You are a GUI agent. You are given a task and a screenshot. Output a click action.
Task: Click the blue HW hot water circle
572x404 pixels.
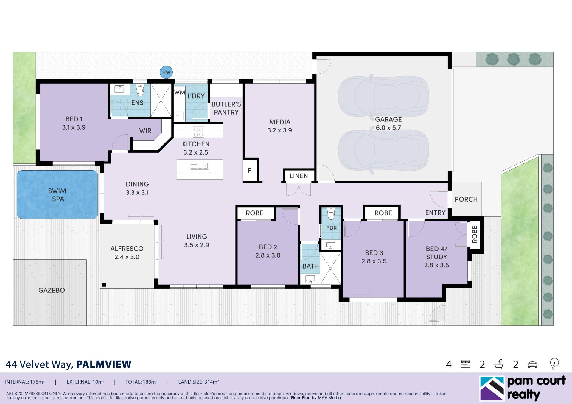pyautogui.click(x=166, y=72)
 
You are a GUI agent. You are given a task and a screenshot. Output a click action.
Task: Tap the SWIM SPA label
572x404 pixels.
pyautogui.click(x=57, y=195)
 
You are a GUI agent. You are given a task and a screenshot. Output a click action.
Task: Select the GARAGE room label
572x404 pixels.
pyautogui.click(x=388, y=119)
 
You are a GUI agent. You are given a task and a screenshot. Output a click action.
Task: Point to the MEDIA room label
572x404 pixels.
pyautogui.click(x=279, y=122)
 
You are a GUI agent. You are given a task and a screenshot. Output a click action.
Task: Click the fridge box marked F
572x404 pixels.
pyautogui.click(x=250, y=170)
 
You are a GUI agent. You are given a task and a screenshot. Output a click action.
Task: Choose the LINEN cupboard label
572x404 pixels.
pyautogui.click(x=299, y=176)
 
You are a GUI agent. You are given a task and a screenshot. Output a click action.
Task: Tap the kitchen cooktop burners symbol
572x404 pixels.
pyautogui.click(x=198, y=132)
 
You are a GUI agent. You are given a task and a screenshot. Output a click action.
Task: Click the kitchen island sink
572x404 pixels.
pyautogui.click(x=200, y=166)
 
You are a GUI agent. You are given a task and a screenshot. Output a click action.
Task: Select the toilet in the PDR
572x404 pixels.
pyautogui.click(x=331, y=213)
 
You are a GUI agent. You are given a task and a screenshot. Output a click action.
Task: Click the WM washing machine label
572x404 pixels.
pyautogui.click(x=180, y=93)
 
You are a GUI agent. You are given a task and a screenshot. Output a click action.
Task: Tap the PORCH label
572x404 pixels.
pyautogui.click(x=466, y=199)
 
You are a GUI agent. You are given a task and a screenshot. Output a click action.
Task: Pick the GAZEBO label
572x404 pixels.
pyautogui.click(x=52, y=290)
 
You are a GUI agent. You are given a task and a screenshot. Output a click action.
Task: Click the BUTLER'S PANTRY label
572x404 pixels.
pyautogui.click(x=226, y=108)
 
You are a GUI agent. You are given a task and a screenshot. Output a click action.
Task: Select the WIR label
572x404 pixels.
pyautogui.click(x=145, y=131)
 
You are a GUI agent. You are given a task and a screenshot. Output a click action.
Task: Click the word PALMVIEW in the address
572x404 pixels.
pyautogui.click(x=104, y=364)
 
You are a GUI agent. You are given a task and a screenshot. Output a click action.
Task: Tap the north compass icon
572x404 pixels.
pyautogui.click(x=554, y=363)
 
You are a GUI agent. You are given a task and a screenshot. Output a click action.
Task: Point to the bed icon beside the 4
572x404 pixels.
pyautogui.click(x=465, y=364)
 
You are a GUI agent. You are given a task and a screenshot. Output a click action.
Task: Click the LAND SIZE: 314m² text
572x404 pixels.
pyautogui.click(x=198, y=382)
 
